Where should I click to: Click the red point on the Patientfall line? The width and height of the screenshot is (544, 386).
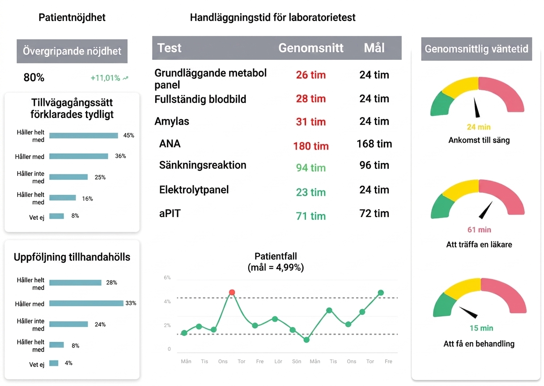[x=232, y=292]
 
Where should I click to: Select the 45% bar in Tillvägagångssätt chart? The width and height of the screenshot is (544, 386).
[x=84, y=135]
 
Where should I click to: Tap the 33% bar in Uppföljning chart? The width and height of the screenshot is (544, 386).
[x=86, y=303]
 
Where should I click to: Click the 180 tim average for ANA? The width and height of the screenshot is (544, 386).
[x=311, y=146]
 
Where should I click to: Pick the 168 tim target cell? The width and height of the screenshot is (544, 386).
[x=374, y=144]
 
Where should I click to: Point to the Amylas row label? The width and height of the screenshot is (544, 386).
[x=172, y=121]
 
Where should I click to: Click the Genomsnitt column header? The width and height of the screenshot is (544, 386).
[x=311, y=48]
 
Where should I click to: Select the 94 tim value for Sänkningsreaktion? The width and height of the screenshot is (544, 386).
[x=311, y=168]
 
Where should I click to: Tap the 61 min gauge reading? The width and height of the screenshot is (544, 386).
[x=479, y=230]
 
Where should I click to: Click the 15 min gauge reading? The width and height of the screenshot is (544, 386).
[x=481, y=328]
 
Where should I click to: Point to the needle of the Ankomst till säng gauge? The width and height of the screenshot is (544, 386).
[x=477, y=107]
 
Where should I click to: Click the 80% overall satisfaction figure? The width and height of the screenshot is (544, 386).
[x=34, y=78]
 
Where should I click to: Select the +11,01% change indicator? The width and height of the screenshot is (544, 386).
[x=109, y=78]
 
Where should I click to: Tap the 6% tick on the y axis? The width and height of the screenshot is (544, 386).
[x=167, y=277]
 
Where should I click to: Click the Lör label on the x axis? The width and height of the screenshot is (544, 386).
[x=278, y=361]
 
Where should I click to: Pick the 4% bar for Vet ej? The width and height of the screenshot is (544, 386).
[x=54, y=363]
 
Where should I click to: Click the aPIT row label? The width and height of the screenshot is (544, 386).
[x=170, y=214]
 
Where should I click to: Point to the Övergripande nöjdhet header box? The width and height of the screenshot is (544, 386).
[x=72, y=51]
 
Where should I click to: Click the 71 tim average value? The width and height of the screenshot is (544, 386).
[x=311, y=216]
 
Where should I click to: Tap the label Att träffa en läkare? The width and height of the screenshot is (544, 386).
[x=479, y=244]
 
